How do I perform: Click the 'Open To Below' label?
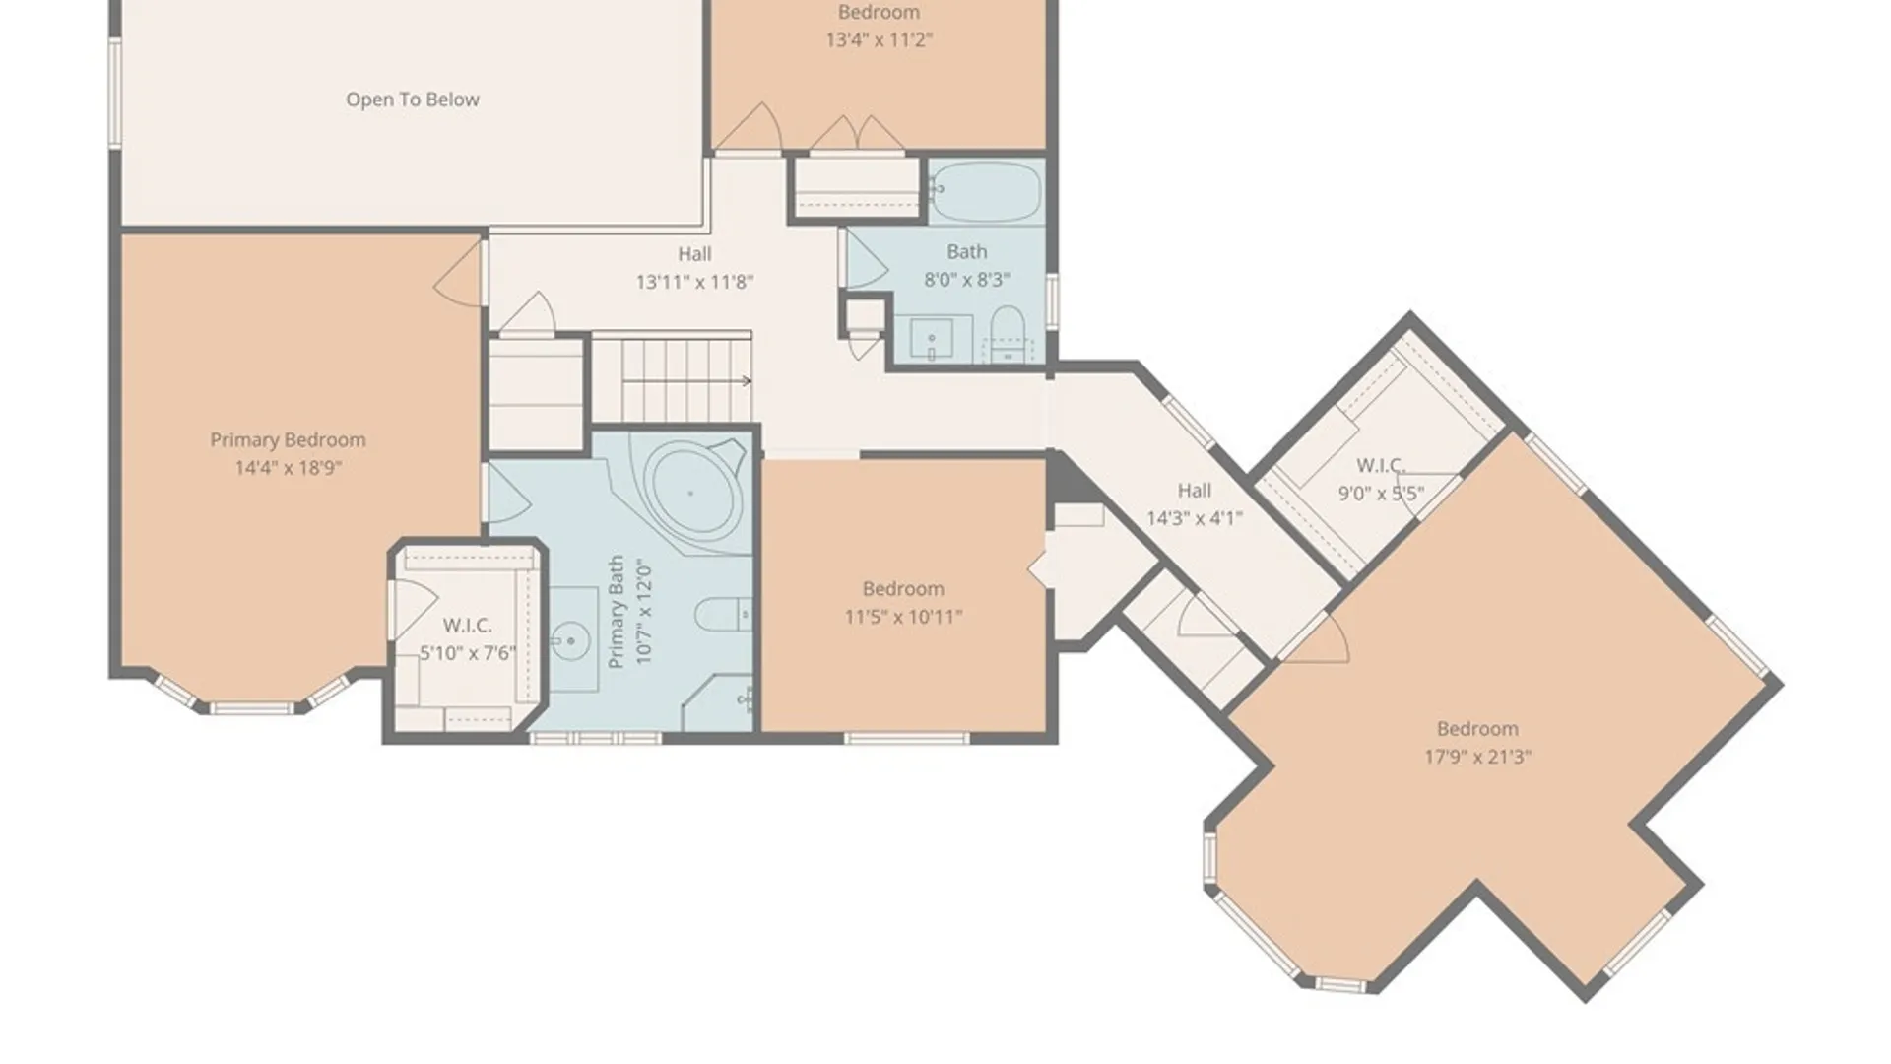pyautogui.click(x=413, y=100)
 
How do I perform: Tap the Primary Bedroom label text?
pyautogui.click(x=288, y=440)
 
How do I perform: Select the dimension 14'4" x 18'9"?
pyautogui.click(x=288, y=468)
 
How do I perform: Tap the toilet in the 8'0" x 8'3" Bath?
pyautogui.click(x=1007, y=334)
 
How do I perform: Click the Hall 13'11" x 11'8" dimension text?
pyautogui.click(x=694, y=282)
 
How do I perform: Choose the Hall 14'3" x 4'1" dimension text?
pyautogui.click(x=1194, y=518)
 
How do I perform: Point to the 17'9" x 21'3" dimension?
pyautogui.click(x=1477, y=757)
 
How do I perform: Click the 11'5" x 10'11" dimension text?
pyautogui.click(x=903, y=617)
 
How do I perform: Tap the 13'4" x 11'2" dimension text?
pyautogui.click(x=879, y=39)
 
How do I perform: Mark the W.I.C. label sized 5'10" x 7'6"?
pyautogui.click(x=467, y=626)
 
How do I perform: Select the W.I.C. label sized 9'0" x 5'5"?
pyautogui.click(x=1380, y=465)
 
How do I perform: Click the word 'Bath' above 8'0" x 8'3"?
pyautogui.click(x=966, y=252)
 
